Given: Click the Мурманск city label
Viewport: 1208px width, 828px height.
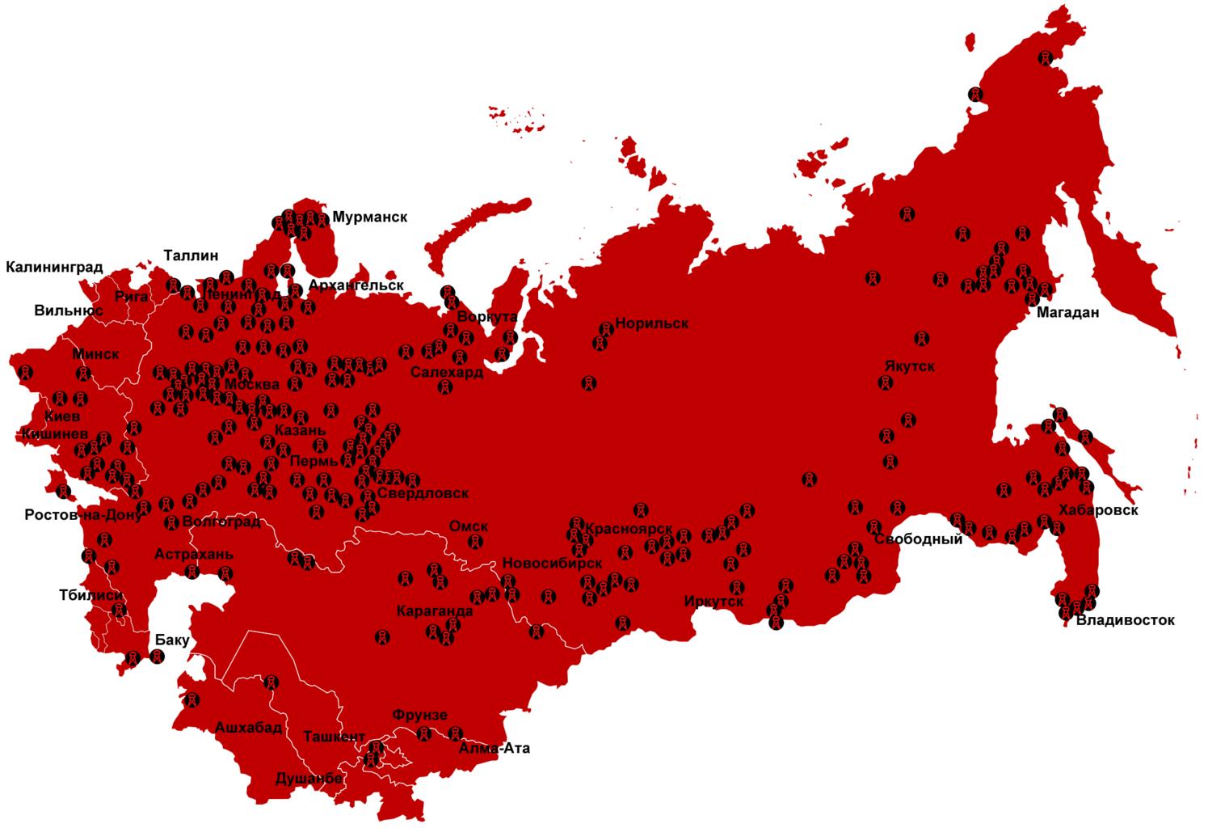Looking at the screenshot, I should tap(369, 217).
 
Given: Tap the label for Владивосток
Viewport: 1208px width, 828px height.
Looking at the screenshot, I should tap(1125, 620).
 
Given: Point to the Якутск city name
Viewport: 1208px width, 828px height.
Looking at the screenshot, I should tap(909, 365).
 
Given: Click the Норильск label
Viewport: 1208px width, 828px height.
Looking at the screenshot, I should tap(651, 323).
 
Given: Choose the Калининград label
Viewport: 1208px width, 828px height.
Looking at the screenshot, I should tap(55, 267).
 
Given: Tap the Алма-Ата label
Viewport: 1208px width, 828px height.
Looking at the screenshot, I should tap(495, 748).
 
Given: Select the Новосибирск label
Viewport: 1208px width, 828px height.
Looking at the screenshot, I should tap(552, 563).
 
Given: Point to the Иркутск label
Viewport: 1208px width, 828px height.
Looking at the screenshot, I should tap(713, 602).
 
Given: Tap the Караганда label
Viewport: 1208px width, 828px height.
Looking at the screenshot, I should tap(435, 611).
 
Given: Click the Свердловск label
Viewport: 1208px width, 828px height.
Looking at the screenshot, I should tap(422, 493).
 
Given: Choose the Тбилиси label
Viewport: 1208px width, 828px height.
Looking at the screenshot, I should tap(90, 595).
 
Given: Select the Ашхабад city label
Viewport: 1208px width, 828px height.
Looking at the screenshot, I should tap(248, 727).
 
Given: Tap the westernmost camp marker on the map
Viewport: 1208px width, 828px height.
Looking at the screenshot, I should tap(26, 373).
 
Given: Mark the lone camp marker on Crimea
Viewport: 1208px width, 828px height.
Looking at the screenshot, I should tap(63, 491).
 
